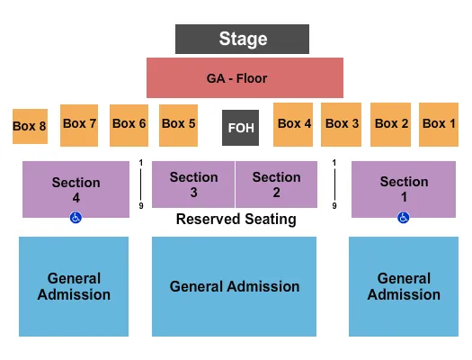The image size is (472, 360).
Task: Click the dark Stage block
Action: pyautogui.click(x=243, y=39)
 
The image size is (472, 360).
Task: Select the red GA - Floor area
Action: pyautogui.click(x=245, y=78)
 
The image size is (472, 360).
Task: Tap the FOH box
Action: pyautogui.click(x=241, y=127)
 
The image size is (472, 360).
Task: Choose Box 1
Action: pyautogui.click(x=440, y=124)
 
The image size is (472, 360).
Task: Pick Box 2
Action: pyautogui.click(x=391, y=124)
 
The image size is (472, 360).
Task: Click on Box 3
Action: pyautogui.click(x=342, y=124)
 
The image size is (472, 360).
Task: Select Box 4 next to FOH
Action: pyautogui.click(x=294, y=124)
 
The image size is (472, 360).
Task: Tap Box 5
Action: pyautogui.click(x=178, y=124)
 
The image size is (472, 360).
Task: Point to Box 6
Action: pyautogui.click(x=129, y=124)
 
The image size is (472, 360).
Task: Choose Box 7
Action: pyautogui.click(x=79, y=124)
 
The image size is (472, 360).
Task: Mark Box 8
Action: pyautogui.click(x=29, y=127)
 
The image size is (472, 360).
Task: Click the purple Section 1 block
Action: pyautogui.click(x=404, y=189)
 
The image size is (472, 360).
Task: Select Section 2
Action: pyautogui.click(x=276, y=184)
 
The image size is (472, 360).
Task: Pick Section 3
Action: pyautogui.click(x=193, y=184)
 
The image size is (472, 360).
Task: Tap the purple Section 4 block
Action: pyautogui.click(x=76, y=189)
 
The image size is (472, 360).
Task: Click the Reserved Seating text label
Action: pyautogui.click(x=236, y=219)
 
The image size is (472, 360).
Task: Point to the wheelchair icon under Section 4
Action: pyautogui.click(x=76, y=217)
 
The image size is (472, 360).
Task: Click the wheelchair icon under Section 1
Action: pyautogui.click(x=404, y=217)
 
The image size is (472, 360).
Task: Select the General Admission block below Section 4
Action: pyautogui.click(x=74, y=286)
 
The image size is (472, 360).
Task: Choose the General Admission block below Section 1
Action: pyautogui.click(x=404, y=286)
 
